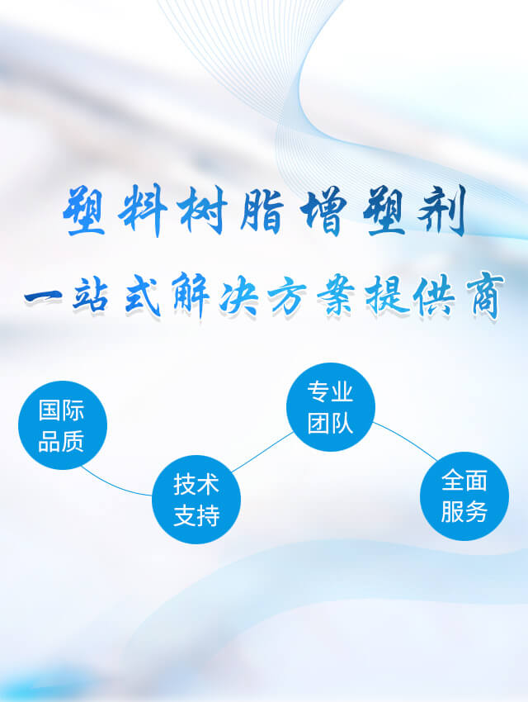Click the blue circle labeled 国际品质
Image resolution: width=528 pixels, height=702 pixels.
[x=63, y=425]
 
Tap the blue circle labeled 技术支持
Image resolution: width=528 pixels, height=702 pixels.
[x=196, y=499]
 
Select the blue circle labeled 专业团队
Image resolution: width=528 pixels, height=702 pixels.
[x=330, y=407]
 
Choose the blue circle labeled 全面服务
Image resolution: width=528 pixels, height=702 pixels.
[x=464, y=496]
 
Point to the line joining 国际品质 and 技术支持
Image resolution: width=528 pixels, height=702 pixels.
[x=114, y=486]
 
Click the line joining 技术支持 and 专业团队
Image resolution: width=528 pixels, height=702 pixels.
[x=262, y=453]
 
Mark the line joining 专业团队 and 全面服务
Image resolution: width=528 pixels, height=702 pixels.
[x=404, y=440]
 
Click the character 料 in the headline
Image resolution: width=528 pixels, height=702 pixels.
[x=143, y=210]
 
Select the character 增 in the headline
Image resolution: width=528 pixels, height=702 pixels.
[x=323, y=211]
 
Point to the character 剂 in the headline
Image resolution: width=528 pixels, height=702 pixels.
[x=441, y=210]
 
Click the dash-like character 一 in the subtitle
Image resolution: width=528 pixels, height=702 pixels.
[x=43, y=297]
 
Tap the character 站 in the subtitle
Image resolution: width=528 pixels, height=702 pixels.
[x=91, y=295]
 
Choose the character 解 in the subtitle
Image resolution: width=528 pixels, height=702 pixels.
[x=191, y=294]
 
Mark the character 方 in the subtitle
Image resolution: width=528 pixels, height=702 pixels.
[x=287, y=296]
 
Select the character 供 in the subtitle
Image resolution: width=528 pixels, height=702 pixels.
[x=434, y=295]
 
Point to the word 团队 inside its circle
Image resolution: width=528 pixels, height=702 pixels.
[x=330, y=423]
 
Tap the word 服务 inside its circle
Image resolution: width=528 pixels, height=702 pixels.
[x=464, y=512]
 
